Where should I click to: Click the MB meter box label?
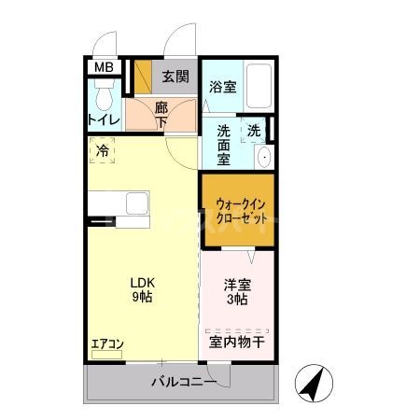pos(104,67)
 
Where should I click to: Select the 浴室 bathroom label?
pos(222,87)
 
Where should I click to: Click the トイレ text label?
pos(104,120)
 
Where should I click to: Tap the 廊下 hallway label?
pos(161,114)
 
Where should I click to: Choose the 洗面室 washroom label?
pos(224,145)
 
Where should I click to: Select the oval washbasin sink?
pos(264,156)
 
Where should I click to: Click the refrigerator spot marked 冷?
pos(103,149)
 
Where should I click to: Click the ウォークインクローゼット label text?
pos(238,209)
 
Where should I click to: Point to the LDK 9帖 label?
pos(142,288)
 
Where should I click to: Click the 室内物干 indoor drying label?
pos(236,343)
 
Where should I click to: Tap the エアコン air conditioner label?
pos(107,343)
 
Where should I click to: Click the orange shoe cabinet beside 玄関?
pos(143,77)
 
